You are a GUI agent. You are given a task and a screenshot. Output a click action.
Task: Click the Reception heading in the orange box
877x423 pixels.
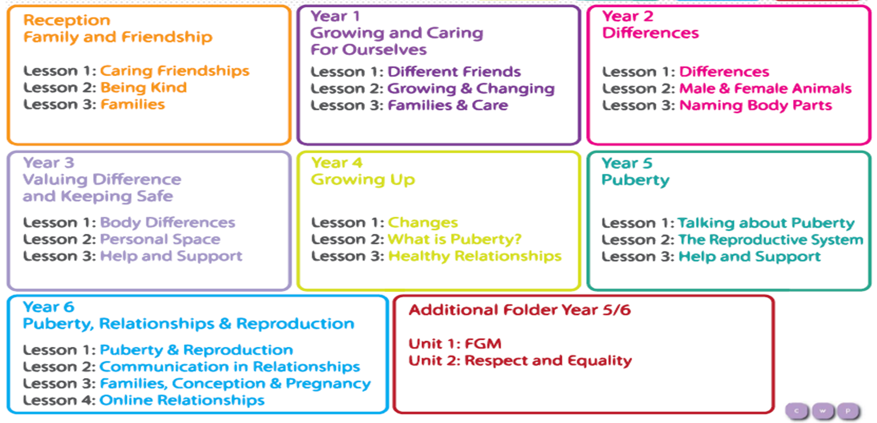pos(67,20)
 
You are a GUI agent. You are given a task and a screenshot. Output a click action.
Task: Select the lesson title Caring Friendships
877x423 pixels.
pos(175,71)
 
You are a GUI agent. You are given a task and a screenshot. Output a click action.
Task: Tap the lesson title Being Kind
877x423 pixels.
pos(144,87)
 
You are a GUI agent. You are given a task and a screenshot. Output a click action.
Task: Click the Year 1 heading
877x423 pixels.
pos(335,16)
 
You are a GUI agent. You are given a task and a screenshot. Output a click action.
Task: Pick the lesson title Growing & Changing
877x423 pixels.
pos(471,89)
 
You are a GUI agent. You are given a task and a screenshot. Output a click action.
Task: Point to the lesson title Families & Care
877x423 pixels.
pos(448,105)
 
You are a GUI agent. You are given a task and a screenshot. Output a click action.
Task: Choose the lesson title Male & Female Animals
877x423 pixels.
pos(765,89)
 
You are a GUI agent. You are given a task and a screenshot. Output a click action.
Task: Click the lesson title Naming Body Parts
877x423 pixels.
pos(755,106)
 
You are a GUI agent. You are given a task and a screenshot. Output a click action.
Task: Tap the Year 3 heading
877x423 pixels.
pos(49,163)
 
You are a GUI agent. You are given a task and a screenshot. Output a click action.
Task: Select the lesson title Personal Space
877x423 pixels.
pos(160,240)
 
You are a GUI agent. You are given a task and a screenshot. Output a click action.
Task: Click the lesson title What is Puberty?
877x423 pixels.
pos(454,240)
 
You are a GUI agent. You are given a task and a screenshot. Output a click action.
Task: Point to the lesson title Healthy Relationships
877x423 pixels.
pos(475,256)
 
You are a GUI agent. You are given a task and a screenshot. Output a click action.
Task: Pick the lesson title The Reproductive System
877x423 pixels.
pos(771,240)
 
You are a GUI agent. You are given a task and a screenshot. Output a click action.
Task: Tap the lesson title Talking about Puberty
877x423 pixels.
pos(766,223)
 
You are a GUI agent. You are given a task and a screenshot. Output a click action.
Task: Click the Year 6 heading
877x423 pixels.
pos(49,307)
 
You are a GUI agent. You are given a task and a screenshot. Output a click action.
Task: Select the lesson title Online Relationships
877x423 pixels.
pos(182,400)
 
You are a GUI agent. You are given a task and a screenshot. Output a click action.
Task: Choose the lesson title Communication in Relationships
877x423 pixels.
pos(230,367)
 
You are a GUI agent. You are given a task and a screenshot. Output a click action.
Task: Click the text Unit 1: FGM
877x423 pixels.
pos(455,344)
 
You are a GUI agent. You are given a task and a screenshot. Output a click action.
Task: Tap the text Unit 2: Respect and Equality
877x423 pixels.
pos(520,361)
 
